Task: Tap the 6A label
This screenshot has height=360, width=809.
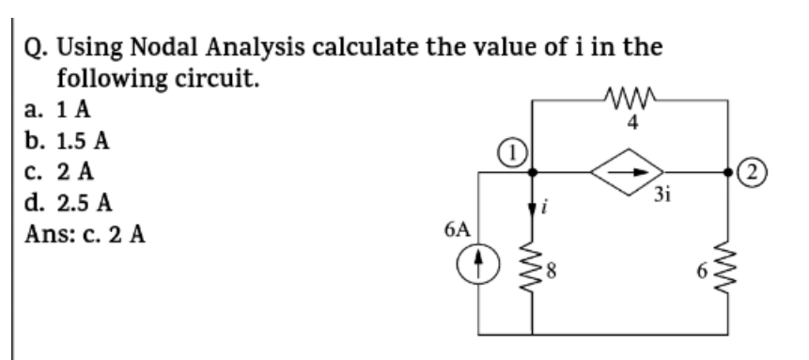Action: tap(459, 227)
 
